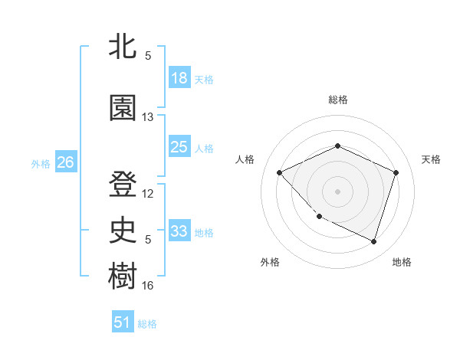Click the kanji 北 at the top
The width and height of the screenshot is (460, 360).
(x=123, y=47)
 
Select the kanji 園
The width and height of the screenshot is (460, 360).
(x=123, y=108)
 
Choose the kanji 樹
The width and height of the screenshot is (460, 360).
(x=123, y=276)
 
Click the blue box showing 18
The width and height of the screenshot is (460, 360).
(x=179, y=78)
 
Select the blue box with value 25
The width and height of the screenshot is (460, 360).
(x=179, y=147)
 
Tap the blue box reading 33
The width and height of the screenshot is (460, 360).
(x=179, y=231)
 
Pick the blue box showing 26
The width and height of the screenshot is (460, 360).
(x=65, y=162)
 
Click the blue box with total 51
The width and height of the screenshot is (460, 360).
(x=123, y=322)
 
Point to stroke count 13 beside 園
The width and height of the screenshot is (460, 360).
(x=148, y=117)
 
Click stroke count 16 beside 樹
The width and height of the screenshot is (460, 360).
(x=148, y=286)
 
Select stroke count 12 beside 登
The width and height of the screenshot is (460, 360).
(x=148, y=194)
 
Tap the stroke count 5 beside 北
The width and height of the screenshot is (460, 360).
(x=148, y=55)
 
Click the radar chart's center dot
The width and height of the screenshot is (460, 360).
(x=337, y=191)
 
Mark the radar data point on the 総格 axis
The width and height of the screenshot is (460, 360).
(x=337, y=146)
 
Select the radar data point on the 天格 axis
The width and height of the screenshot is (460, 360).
(x=396, y=172)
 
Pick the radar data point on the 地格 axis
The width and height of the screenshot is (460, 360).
(x=373, y=241)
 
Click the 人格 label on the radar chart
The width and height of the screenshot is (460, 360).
(x=245, y=159)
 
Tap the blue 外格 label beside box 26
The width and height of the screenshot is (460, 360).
(x=41, y=163)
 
